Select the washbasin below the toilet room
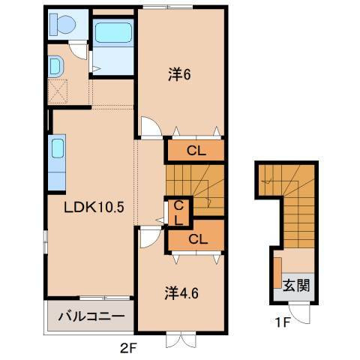tap(56, 67)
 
